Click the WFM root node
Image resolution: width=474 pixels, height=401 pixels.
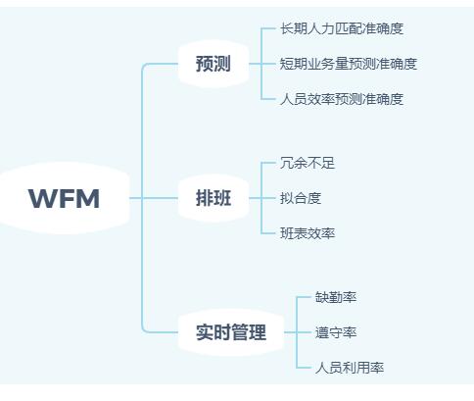click(x=65, y=198)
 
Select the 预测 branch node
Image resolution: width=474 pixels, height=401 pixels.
click(x=213, y=64)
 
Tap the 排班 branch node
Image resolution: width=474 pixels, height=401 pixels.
click(x=213, y=198)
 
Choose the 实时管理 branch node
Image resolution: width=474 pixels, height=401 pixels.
click(x=231, y=332)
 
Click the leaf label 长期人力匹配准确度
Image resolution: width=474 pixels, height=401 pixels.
click(x=342, y=28)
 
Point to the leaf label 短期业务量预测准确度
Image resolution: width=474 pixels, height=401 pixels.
click(x=349, y=64)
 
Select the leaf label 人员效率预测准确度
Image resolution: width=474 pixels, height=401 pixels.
click(x=342, y=99)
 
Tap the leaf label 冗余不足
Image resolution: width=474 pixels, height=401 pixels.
click(x=308, y=163)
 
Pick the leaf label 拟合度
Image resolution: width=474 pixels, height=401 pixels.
click(x=301, y=198)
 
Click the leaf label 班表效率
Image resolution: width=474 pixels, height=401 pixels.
click(x=308, y=233)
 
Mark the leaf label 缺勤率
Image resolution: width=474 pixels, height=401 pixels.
click(x=336, y=297)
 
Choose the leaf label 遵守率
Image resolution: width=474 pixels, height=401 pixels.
click(x=336, y=332)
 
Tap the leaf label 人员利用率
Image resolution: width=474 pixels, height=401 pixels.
click(x=350, y=368)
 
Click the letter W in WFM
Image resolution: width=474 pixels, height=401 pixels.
click(x=41, y=198)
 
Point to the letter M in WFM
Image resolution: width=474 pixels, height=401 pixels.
click(x=88, y=198)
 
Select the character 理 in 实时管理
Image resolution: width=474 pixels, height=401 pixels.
click(x=258, y=332)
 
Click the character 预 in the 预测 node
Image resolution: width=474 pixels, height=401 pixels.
click(x=205, y=64)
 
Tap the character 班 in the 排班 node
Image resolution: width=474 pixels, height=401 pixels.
click(x=222, y=198)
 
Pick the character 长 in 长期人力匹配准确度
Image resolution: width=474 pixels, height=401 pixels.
click(x=287, y=28)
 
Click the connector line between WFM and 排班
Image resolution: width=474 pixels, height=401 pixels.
click(x=154, y=198)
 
